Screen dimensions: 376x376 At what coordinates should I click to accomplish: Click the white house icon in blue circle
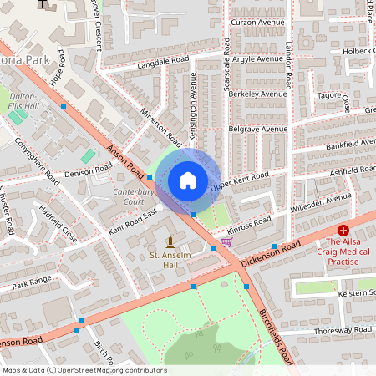(188, 180)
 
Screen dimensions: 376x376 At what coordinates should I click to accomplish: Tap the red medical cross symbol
(343, 230)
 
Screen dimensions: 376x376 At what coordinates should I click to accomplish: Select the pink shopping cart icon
(226, 242)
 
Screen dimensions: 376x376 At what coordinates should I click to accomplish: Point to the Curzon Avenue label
(253, 22)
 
